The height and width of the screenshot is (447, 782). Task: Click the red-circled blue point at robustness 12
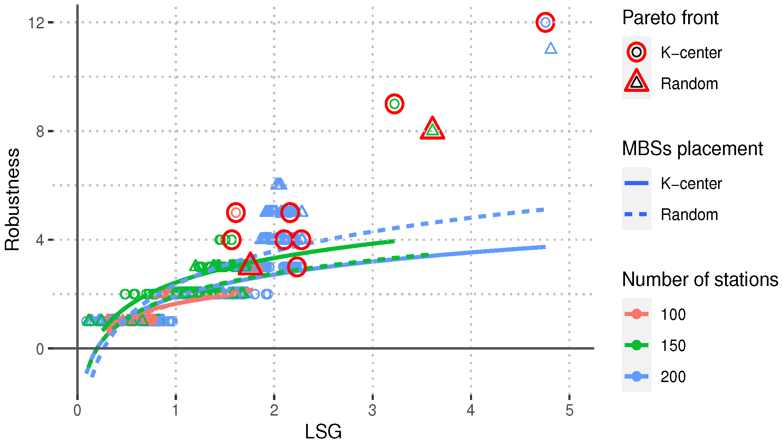click(545, 22)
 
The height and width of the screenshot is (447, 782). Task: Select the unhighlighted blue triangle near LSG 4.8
click(551, 48)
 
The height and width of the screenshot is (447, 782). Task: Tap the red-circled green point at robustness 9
click(394, 104)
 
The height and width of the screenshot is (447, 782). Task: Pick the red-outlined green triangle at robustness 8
click(432, 130)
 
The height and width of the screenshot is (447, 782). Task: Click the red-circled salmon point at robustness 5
click(236, 212)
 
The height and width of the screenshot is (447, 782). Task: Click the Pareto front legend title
click(670, 18)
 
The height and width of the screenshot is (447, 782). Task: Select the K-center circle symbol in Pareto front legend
click(636, 52)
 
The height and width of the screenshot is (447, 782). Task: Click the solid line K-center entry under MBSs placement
click(636, 183)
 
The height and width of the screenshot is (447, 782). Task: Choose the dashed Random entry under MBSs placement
click(636, 214)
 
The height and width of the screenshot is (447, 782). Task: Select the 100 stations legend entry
click(636, 314)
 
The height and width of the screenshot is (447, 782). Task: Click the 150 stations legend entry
click(636, 345)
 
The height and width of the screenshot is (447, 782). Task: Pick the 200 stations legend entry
click(636, 376)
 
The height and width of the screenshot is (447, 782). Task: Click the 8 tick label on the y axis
click(40, 132)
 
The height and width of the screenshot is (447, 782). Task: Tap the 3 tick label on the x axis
click(372, 410)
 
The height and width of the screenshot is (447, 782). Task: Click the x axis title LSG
click(323, 431)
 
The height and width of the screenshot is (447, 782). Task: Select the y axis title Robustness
click(12, 199)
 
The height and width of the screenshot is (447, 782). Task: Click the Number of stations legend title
click(700, 279)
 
